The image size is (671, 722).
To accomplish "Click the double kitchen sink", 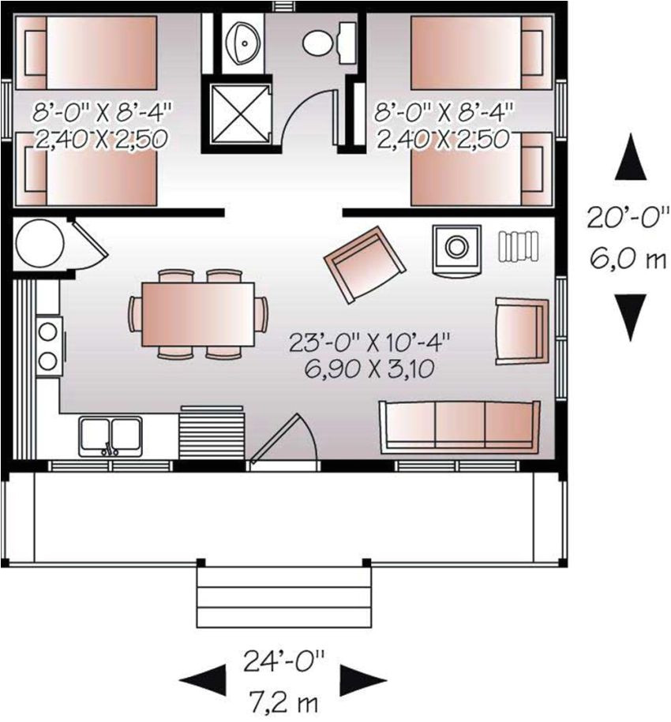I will [110, 436].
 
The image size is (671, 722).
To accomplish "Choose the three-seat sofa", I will [459, 426].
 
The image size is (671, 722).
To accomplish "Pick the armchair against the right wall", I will [521, 331].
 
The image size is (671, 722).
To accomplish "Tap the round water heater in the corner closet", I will [39, 244].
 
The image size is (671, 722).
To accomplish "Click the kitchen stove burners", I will [48, 343].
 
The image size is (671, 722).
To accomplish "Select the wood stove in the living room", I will [456, 249].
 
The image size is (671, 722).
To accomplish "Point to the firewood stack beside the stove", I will [517, 246].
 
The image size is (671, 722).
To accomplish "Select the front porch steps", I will [283, 596].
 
